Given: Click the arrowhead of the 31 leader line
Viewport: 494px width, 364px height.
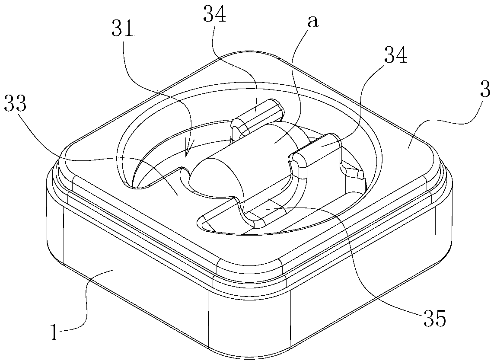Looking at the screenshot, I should (187, 153).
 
